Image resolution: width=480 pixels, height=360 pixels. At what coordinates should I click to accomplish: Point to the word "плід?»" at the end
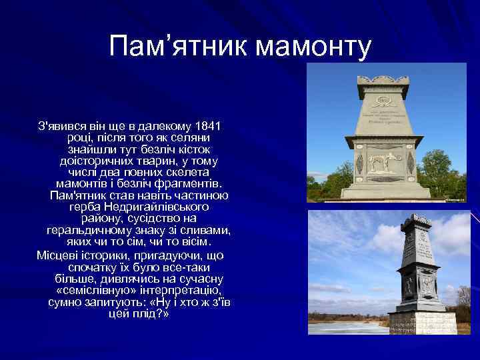pyautogui.click(x=153, y=313)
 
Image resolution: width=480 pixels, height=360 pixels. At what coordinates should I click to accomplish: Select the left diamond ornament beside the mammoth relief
pyautogui.click(x=359, y=162)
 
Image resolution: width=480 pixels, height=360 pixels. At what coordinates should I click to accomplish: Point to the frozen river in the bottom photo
pyautogui.click(x=347, y=327)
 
